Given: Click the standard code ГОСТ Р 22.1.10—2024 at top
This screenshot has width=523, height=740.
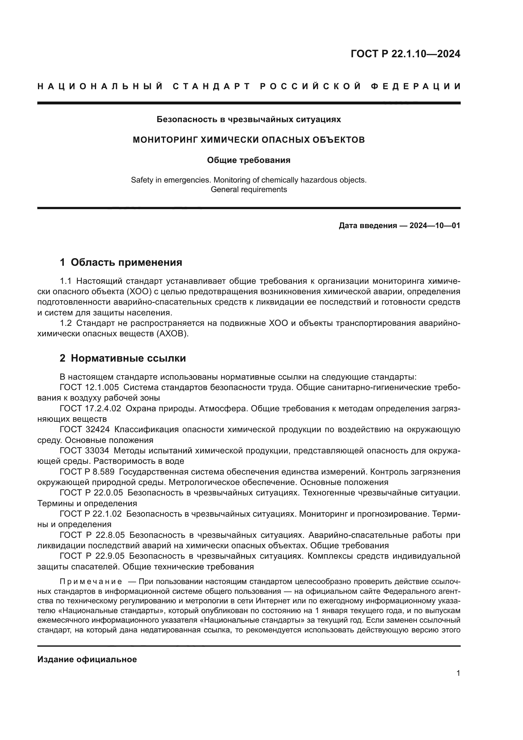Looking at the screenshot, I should [x=405, y=54].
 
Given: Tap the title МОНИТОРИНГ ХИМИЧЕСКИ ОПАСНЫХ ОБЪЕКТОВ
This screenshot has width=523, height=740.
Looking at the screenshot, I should [x=249, y=140].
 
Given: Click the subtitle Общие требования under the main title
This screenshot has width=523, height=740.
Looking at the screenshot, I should [x=249, y=160].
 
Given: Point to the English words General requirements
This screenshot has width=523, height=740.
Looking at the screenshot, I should [x=249, y=190].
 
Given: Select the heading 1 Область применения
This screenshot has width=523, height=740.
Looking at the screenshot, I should [x=121, y=262].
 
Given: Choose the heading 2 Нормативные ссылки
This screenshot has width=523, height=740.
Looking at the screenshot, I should [x=123, y=358].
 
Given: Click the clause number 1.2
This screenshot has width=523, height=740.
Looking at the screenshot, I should [x=66, y=323].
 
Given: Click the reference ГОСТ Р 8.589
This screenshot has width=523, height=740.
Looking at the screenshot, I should [x=87, y=472].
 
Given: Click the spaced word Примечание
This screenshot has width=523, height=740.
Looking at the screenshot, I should [x=91, y=581].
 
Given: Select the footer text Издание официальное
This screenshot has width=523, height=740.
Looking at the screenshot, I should [x=87, y=659].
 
